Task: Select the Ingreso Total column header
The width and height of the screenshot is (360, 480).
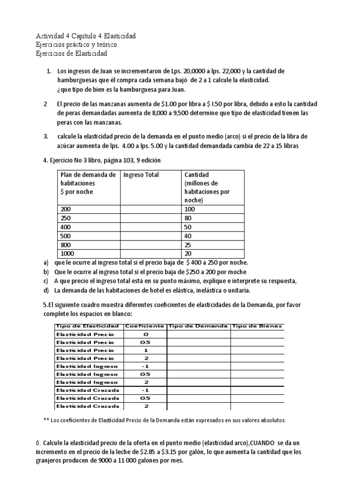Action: coord(141,175)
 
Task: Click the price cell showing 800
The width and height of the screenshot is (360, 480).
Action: coord(66,245)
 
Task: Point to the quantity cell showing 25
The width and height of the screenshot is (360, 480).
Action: coord(188,245)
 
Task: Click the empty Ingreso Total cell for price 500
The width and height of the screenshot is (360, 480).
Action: coord(150,236)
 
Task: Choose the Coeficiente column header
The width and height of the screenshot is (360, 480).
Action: coord(144,326)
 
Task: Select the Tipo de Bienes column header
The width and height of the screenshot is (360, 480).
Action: coord(257,326)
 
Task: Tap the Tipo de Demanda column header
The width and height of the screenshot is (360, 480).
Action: coord(198,326)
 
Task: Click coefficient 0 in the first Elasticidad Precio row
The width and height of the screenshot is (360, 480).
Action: coord(145,334)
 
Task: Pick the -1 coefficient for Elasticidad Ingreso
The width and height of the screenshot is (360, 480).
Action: coord(145,366)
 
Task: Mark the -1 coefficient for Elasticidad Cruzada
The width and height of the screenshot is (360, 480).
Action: coord(145,390)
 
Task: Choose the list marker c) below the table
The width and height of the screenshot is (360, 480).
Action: coord(46,281)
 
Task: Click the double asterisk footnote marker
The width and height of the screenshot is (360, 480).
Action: coord(46,420)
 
